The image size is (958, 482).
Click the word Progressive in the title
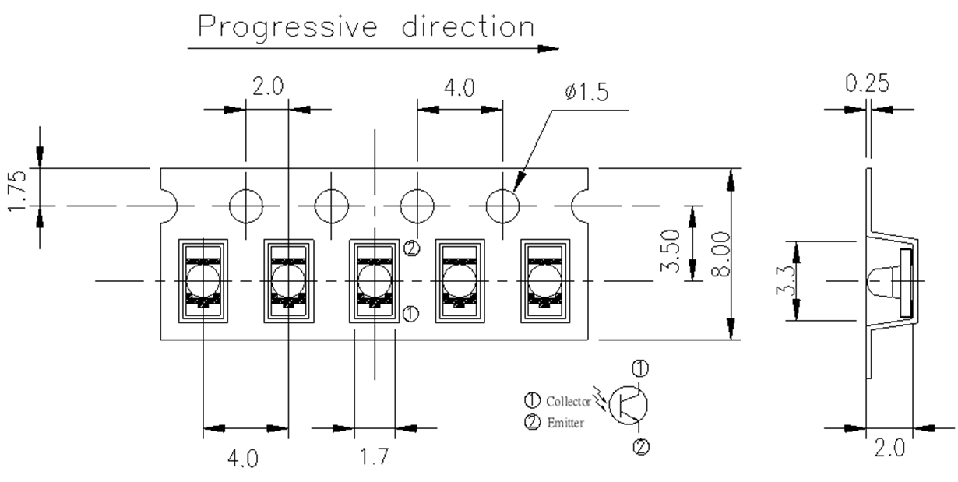click(288, 28)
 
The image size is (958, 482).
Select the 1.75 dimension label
click(21, 188)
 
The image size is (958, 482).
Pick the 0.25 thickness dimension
click(869, 83)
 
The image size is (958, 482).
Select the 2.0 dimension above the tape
click(267, 86)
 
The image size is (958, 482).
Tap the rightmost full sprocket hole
click(502, 206)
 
